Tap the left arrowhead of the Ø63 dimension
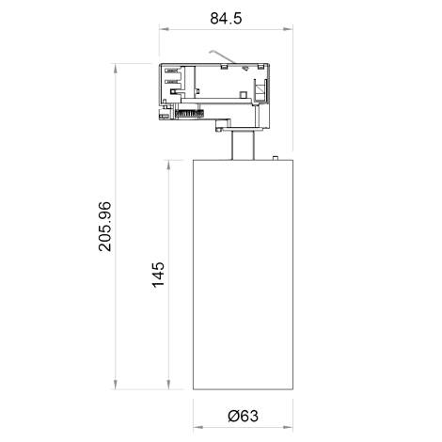pos(195,401)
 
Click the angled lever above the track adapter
pos(221,56)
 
